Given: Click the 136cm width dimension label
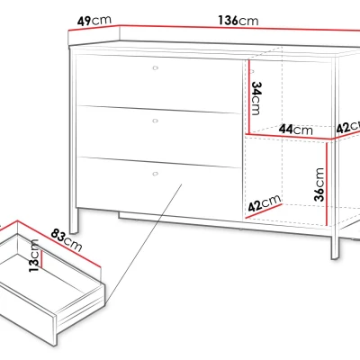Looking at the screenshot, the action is [238, 21].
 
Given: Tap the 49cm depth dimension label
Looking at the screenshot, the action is [94, 21].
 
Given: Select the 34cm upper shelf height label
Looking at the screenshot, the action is [256, 98].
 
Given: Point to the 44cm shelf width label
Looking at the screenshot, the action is [296, 130].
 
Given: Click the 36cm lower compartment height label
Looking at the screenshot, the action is [319, 184].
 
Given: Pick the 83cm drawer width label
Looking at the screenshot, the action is [67, 240].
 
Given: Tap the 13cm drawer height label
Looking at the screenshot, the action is [34, 256].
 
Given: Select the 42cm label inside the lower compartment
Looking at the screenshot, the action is [265, 202].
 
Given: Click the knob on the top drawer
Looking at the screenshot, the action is [155, 67].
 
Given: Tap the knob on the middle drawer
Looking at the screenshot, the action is [155, 121].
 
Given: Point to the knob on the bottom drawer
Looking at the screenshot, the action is [155, 174].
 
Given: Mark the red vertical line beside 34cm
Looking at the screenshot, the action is [248, 96].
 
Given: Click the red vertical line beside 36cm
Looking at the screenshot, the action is [327, 184].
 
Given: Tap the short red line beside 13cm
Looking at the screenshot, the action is [42, 259].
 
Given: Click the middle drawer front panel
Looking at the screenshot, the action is [159, 136].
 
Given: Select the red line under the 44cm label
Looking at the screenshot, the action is [290, 136].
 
